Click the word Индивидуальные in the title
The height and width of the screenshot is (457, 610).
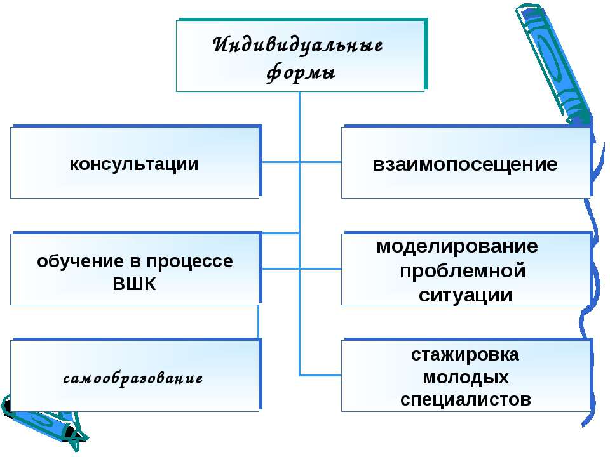tap(298, 46)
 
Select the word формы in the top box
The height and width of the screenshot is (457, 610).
tap(300, 72)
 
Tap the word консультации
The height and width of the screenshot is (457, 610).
tap(134, 164)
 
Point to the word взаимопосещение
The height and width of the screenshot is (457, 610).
tap(465, 165)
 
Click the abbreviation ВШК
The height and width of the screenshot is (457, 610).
tap(134, 284)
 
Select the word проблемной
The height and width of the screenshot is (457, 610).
tap(463, 271)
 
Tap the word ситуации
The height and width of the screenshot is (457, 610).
tap(465, 295)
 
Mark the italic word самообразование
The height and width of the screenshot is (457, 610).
tap(133, 379)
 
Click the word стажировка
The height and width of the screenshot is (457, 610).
tap(465, 355)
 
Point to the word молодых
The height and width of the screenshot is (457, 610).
tap(466, 378)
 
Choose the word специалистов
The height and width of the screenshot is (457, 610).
tap(465, 400)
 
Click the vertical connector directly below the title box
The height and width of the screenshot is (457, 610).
tap(299, 108)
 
